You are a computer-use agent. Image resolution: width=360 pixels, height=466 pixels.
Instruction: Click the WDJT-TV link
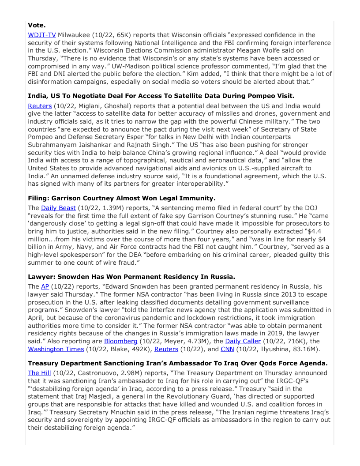point(42,35)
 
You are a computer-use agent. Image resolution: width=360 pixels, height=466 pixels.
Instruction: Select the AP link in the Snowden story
point(45,286)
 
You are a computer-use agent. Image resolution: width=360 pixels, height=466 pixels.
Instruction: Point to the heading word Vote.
point(36,25)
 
